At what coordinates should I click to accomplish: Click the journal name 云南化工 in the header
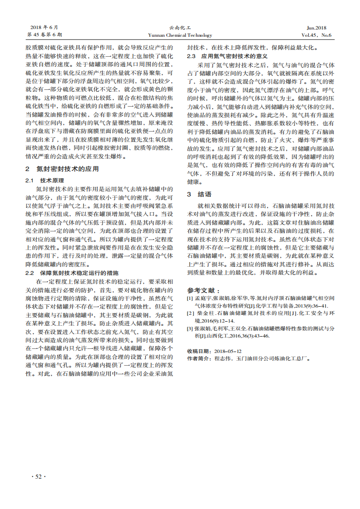click(x=180, y=28)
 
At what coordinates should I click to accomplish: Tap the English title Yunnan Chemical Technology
click(x=180, y=35)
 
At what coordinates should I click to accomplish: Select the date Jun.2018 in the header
click(x=320, y=28)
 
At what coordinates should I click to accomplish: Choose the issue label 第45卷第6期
click(x=45, y=35)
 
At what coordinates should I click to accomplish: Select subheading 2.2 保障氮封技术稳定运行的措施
click(x=72, y=273)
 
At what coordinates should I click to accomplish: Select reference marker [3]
click(x=190, y=328)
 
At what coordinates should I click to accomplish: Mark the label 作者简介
click(x=198, y=358)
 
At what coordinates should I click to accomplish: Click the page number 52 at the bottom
click(x=38, y=476)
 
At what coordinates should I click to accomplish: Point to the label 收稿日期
click(x=198, y=351)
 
